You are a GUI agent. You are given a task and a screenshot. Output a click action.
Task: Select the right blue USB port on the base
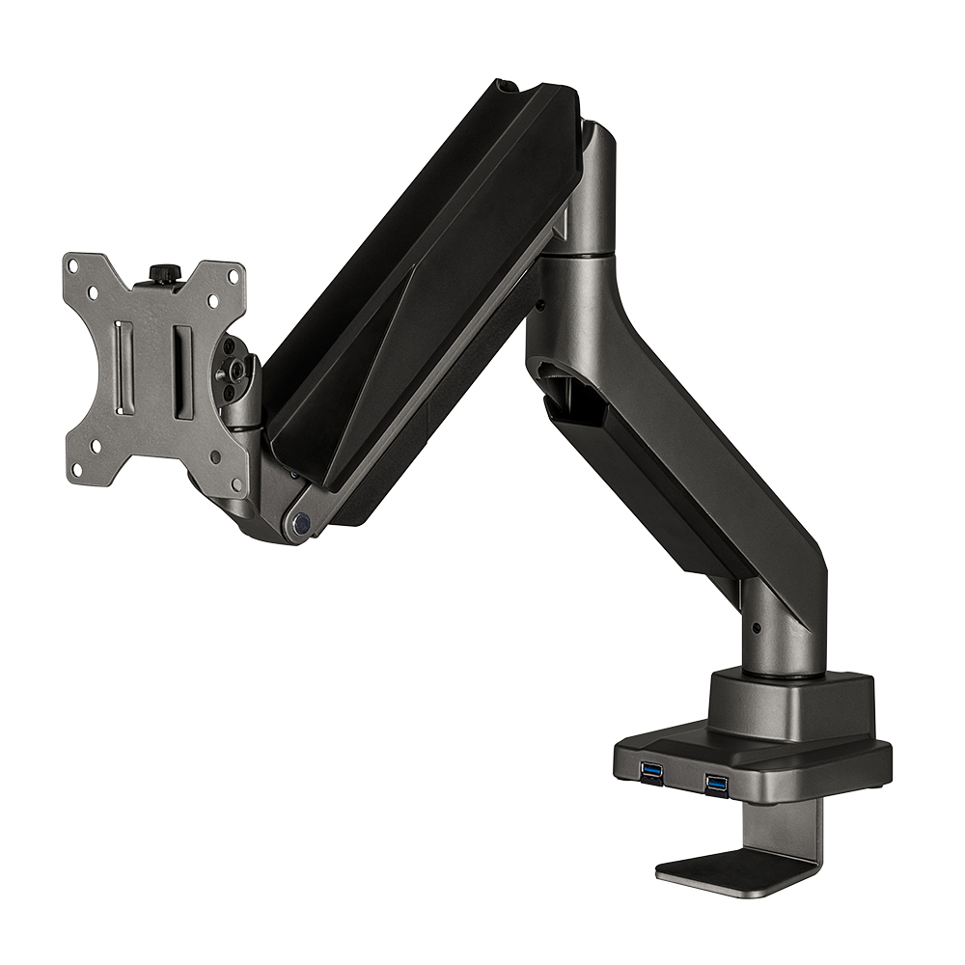[x=715, y=782]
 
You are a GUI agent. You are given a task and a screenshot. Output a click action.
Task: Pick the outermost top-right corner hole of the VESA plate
[x=232, y=275]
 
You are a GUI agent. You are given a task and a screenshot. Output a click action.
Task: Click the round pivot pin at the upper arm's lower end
[x=302, y=523]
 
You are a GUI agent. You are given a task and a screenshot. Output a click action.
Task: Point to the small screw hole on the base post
[x=756, y=627]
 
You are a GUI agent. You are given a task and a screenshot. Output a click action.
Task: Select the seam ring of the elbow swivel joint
[x=579, y=253]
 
